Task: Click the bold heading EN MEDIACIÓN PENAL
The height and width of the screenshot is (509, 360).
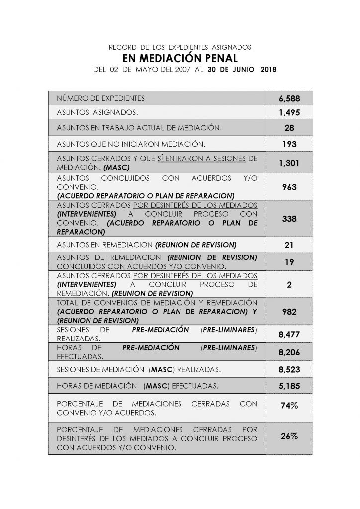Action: (x=180, y=57)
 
